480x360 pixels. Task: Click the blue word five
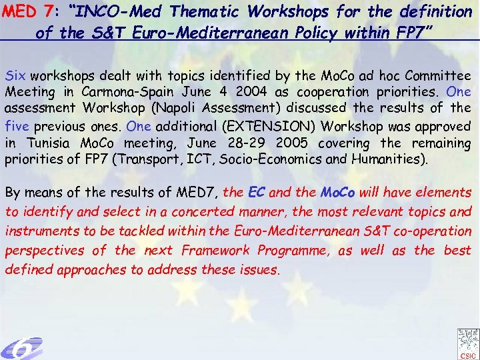click(17, 126)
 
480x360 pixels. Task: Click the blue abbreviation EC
click(256, 193)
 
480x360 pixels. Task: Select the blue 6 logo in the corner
click(21, 347)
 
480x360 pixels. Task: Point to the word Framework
click(219, 251)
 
